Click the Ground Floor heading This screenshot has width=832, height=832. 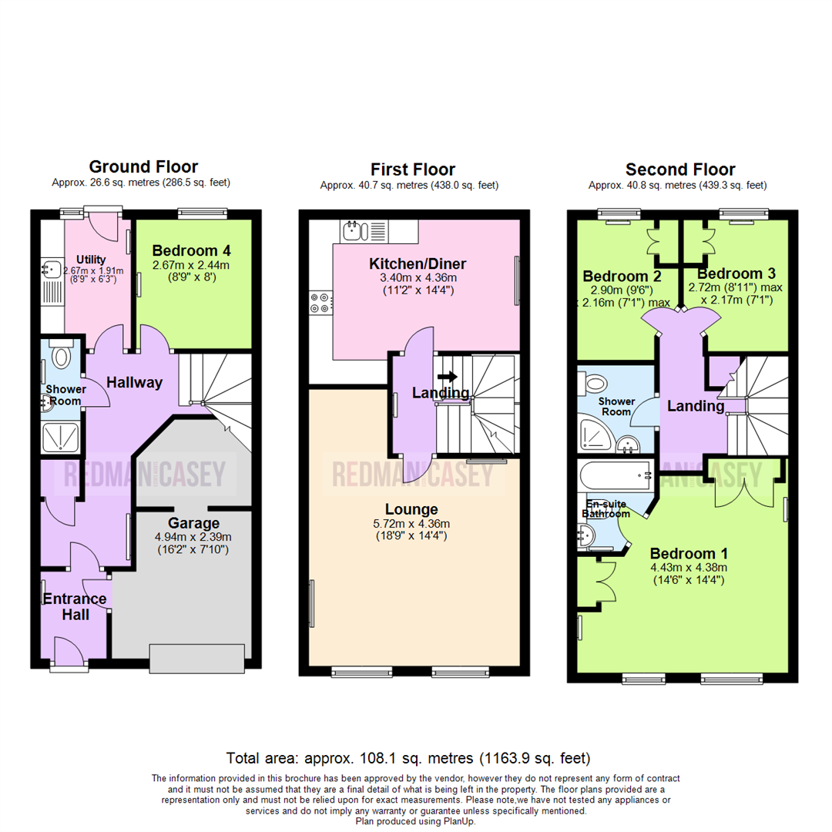tap(143, 166)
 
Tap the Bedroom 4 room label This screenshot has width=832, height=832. tap(191, 250)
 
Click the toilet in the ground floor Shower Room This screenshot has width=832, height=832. tap(62, 355)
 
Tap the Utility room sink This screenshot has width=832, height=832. tap(52, 270)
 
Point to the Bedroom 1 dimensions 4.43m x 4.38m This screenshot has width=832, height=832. tap(688, 569)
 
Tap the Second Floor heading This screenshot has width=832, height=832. tap(680, 169)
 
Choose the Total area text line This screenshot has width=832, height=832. tap(408, 757)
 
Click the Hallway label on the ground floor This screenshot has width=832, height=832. tap(134, 383)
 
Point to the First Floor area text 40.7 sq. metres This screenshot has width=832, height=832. tap(409, 185)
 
